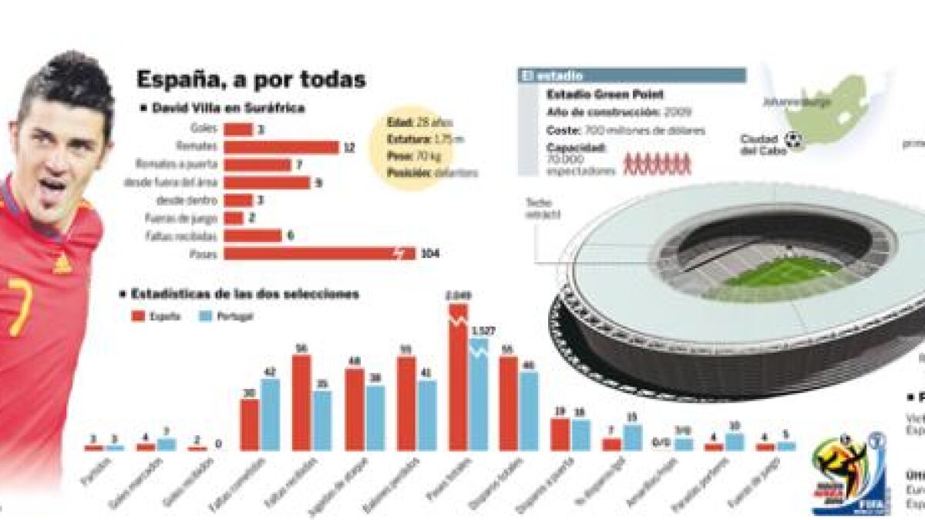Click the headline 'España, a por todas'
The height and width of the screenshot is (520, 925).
click(251, 79)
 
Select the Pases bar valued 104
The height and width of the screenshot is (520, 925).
click(319, 253)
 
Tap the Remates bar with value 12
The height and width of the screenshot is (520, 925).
click(281, 147)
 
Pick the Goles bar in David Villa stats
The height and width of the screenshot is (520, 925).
click(238, 129)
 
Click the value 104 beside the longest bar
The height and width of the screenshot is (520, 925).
click(430, 253)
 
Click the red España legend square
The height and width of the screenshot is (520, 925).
click(139, 316)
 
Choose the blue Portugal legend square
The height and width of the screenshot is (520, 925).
click(205, 316)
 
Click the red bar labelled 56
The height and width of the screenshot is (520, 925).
click(301, 402)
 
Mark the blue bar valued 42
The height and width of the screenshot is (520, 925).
click(270, 414)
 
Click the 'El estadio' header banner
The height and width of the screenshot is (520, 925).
click(632, 75)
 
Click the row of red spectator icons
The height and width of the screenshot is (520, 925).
click(657, 165)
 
